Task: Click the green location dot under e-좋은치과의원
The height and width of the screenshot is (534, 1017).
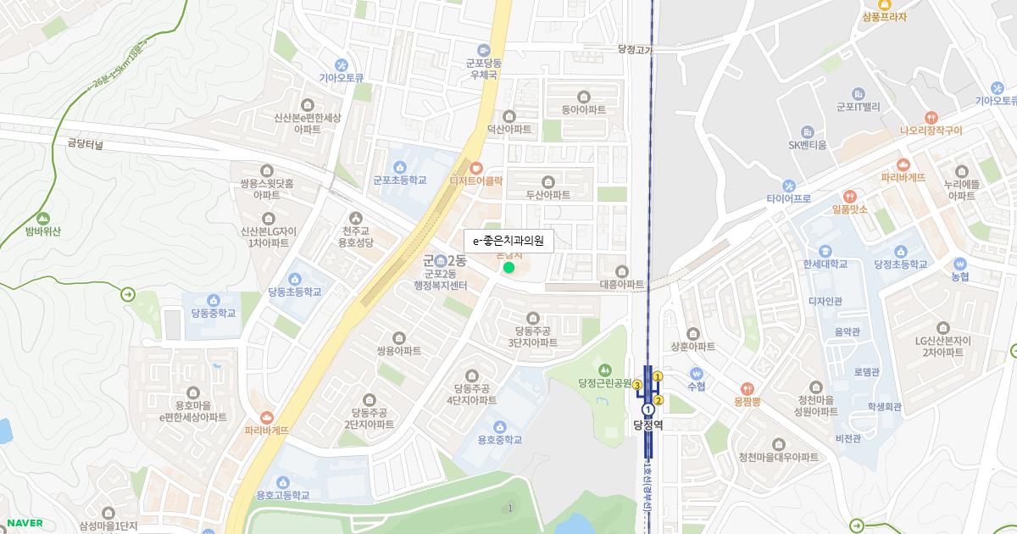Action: pos(508,268)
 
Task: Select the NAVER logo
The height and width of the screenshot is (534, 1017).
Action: pos(25,523)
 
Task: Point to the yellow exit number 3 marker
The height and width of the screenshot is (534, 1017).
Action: pos(637,385)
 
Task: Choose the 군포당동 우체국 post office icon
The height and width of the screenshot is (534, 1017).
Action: pos(483,49)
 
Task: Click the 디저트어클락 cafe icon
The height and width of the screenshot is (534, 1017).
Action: pos(476,167)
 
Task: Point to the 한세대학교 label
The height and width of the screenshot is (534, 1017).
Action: pos(825,264)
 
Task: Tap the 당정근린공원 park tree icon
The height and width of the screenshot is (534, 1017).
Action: pos(605,370)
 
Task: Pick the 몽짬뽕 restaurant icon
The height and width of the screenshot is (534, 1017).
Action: pos(746,388)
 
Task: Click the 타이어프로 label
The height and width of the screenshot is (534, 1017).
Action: pos(789,198)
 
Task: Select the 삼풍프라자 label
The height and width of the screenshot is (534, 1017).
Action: pos(884,16)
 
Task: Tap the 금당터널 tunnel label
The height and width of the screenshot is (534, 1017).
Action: pos(84,145)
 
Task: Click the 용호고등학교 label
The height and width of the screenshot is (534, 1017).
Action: pos(283,495)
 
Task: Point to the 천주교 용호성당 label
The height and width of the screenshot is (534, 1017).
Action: pos(356,236)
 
